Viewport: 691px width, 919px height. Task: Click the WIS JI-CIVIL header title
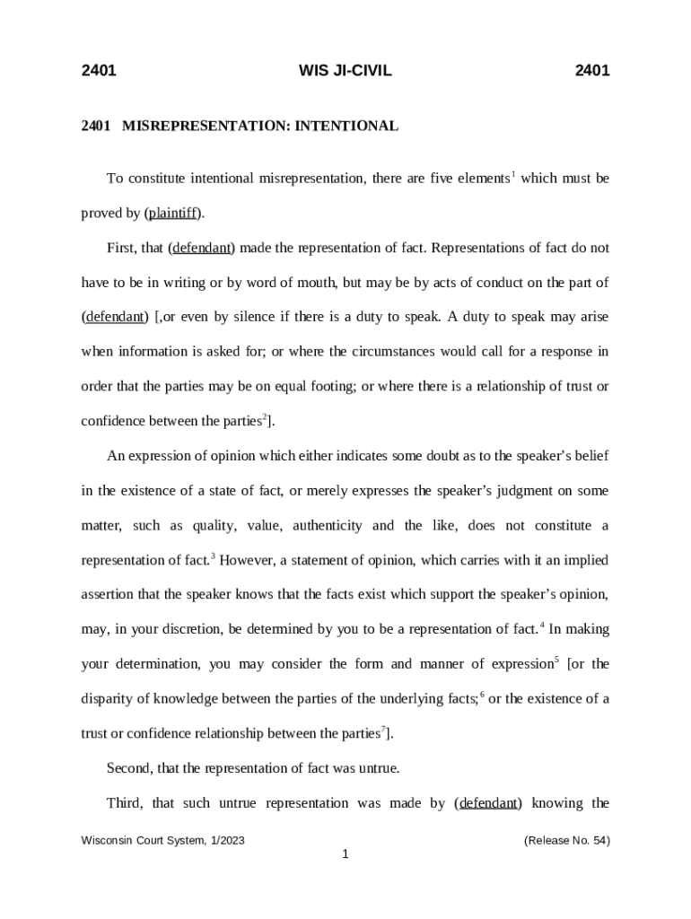tap(345, 71)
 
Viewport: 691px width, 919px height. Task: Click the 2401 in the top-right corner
tap(592, 71)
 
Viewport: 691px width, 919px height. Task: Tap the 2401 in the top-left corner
tap(99, 71)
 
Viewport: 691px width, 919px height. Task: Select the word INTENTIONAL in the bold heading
tap(346, 127)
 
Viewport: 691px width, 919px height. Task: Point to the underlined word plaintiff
tap(172, 214)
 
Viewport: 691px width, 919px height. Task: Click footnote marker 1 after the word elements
tap(513, 174)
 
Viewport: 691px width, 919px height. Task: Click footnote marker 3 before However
tap(213, 556)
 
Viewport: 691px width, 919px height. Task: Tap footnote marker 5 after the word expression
tap(556, 661)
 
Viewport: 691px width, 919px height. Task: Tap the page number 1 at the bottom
tap(345, 854)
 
